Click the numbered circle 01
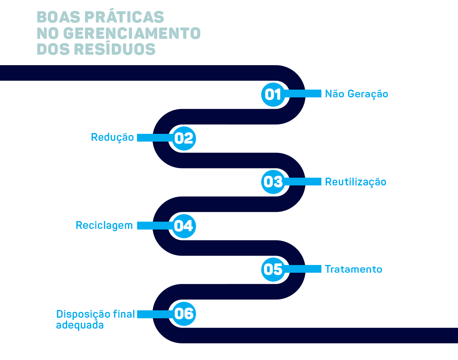[x=273, y=94]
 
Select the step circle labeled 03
[x=273, y=182]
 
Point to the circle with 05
[x=273, y=269]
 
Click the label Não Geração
[x=356, y=94]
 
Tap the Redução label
[x=112, y=137]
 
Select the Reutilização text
[x=356, y=182]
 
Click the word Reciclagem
[x=104, y=225]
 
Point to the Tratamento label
[x=353, y=269]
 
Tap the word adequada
[x=80, y=325]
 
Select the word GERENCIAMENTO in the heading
[x=132, y=33]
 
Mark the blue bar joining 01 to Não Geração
[x=305, y=94]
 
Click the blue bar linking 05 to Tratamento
[x=305, y=269]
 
